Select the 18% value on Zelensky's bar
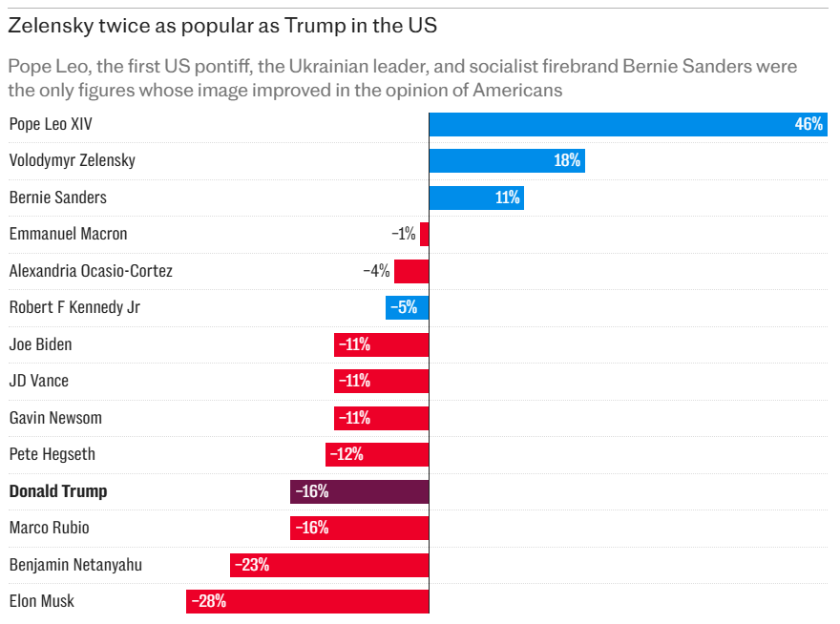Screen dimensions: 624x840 click(x=567, y=160)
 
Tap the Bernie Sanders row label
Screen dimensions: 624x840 click(x=57, y=198)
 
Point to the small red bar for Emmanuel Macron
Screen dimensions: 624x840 click(x=424, y=234)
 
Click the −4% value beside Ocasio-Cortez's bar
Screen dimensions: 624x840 click(x=376, y=271)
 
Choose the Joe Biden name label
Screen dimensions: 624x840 click(x=40, y=344)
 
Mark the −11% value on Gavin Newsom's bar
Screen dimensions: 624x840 click(x=352, y=418)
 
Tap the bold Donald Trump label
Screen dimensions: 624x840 click(x=57, y=491)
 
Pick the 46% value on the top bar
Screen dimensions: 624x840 click(x=808, y=124)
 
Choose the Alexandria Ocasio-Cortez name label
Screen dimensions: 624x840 click(x=91, y=271)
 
